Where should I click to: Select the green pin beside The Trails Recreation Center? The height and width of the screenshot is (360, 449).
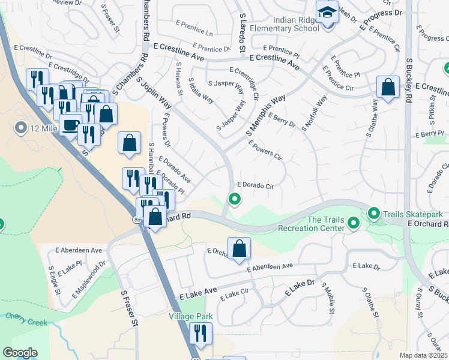(354, 224)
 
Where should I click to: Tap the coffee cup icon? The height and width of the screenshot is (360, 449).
(71, 125)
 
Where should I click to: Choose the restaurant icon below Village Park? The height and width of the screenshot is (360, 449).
(200, 334)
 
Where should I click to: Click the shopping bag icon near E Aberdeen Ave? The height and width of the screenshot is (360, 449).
(239, 247)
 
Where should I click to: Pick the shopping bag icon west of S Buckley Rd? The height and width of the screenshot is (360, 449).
(388, 87)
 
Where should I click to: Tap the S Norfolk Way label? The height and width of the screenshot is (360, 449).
(315, 113)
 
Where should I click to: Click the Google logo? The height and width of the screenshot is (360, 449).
(20, 352)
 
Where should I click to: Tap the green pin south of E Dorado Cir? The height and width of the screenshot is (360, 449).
(235, 199)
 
